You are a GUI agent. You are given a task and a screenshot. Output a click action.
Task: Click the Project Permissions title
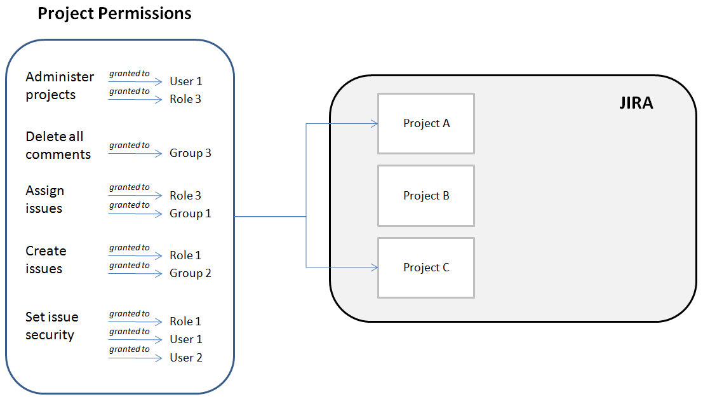tap(114, 13)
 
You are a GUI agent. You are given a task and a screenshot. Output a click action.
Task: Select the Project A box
tap(426, 124)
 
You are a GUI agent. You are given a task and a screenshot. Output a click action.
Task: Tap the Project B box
tap(426, 196)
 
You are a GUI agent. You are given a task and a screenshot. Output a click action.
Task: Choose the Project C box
tap(426, 267)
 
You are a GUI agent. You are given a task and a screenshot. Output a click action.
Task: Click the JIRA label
tap(636, 103)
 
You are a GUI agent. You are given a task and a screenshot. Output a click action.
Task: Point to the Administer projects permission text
tap(60, 86)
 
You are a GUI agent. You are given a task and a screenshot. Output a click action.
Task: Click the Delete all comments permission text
tap(58, 145)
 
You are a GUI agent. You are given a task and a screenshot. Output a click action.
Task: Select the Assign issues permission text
tap(45, 199)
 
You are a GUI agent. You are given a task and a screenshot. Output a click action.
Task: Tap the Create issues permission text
tap(46, 260)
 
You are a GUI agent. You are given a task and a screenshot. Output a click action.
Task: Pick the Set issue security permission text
tap(51, 326)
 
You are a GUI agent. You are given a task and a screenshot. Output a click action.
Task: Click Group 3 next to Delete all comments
tap(190, 153)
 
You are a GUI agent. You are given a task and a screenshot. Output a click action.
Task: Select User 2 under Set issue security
tap(185, 358)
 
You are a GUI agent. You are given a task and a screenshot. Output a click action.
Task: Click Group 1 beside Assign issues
tap(190, 214)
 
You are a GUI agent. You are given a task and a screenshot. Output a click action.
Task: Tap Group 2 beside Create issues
tap(190, 273)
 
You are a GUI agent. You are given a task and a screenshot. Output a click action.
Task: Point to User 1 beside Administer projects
tap(185, 81)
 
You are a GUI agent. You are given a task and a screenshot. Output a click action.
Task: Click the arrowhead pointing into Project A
tap(375, 124)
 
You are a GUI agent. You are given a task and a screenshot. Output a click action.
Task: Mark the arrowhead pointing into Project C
tap(375, 267)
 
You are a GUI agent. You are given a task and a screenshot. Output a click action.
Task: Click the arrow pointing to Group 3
tap(135, 154)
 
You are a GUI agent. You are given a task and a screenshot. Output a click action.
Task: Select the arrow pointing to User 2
tap(135, 358)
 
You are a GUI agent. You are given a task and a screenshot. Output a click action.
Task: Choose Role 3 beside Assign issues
tap(185, 196)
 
